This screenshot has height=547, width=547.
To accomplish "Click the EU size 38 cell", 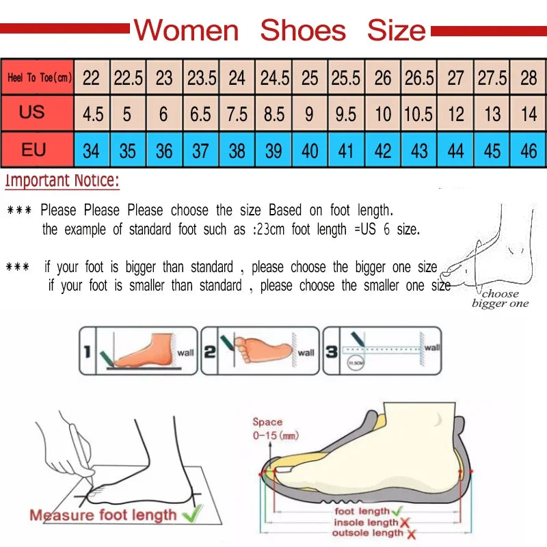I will [237, 150].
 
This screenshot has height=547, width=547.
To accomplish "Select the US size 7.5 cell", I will [237, 114].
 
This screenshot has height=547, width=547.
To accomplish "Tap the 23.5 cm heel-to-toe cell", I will [201, 77].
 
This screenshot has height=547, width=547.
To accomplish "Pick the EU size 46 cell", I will [529, 150].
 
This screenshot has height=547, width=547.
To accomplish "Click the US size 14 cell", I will [529, 114].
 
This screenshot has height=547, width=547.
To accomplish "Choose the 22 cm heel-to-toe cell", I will [91, 77].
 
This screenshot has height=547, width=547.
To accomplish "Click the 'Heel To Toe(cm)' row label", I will [39, 77].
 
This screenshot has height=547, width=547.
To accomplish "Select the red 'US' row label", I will [32, 112].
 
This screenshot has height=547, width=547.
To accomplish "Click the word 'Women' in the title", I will [186, 31].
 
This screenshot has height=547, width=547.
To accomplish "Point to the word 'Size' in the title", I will [397, 31].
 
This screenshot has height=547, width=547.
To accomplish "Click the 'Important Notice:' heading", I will [62, 181].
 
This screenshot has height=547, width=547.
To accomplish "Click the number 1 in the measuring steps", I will [88, 351].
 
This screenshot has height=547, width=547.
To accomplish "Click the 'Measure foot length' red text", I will [103, 515].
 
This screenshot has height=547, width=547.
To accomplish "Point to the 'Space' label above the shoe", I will [267, 423].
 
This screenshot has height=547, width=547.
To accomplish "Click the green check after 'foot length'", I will [398, 511].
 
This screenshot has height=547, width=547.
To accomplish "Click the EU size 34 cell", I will [91, 150].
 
